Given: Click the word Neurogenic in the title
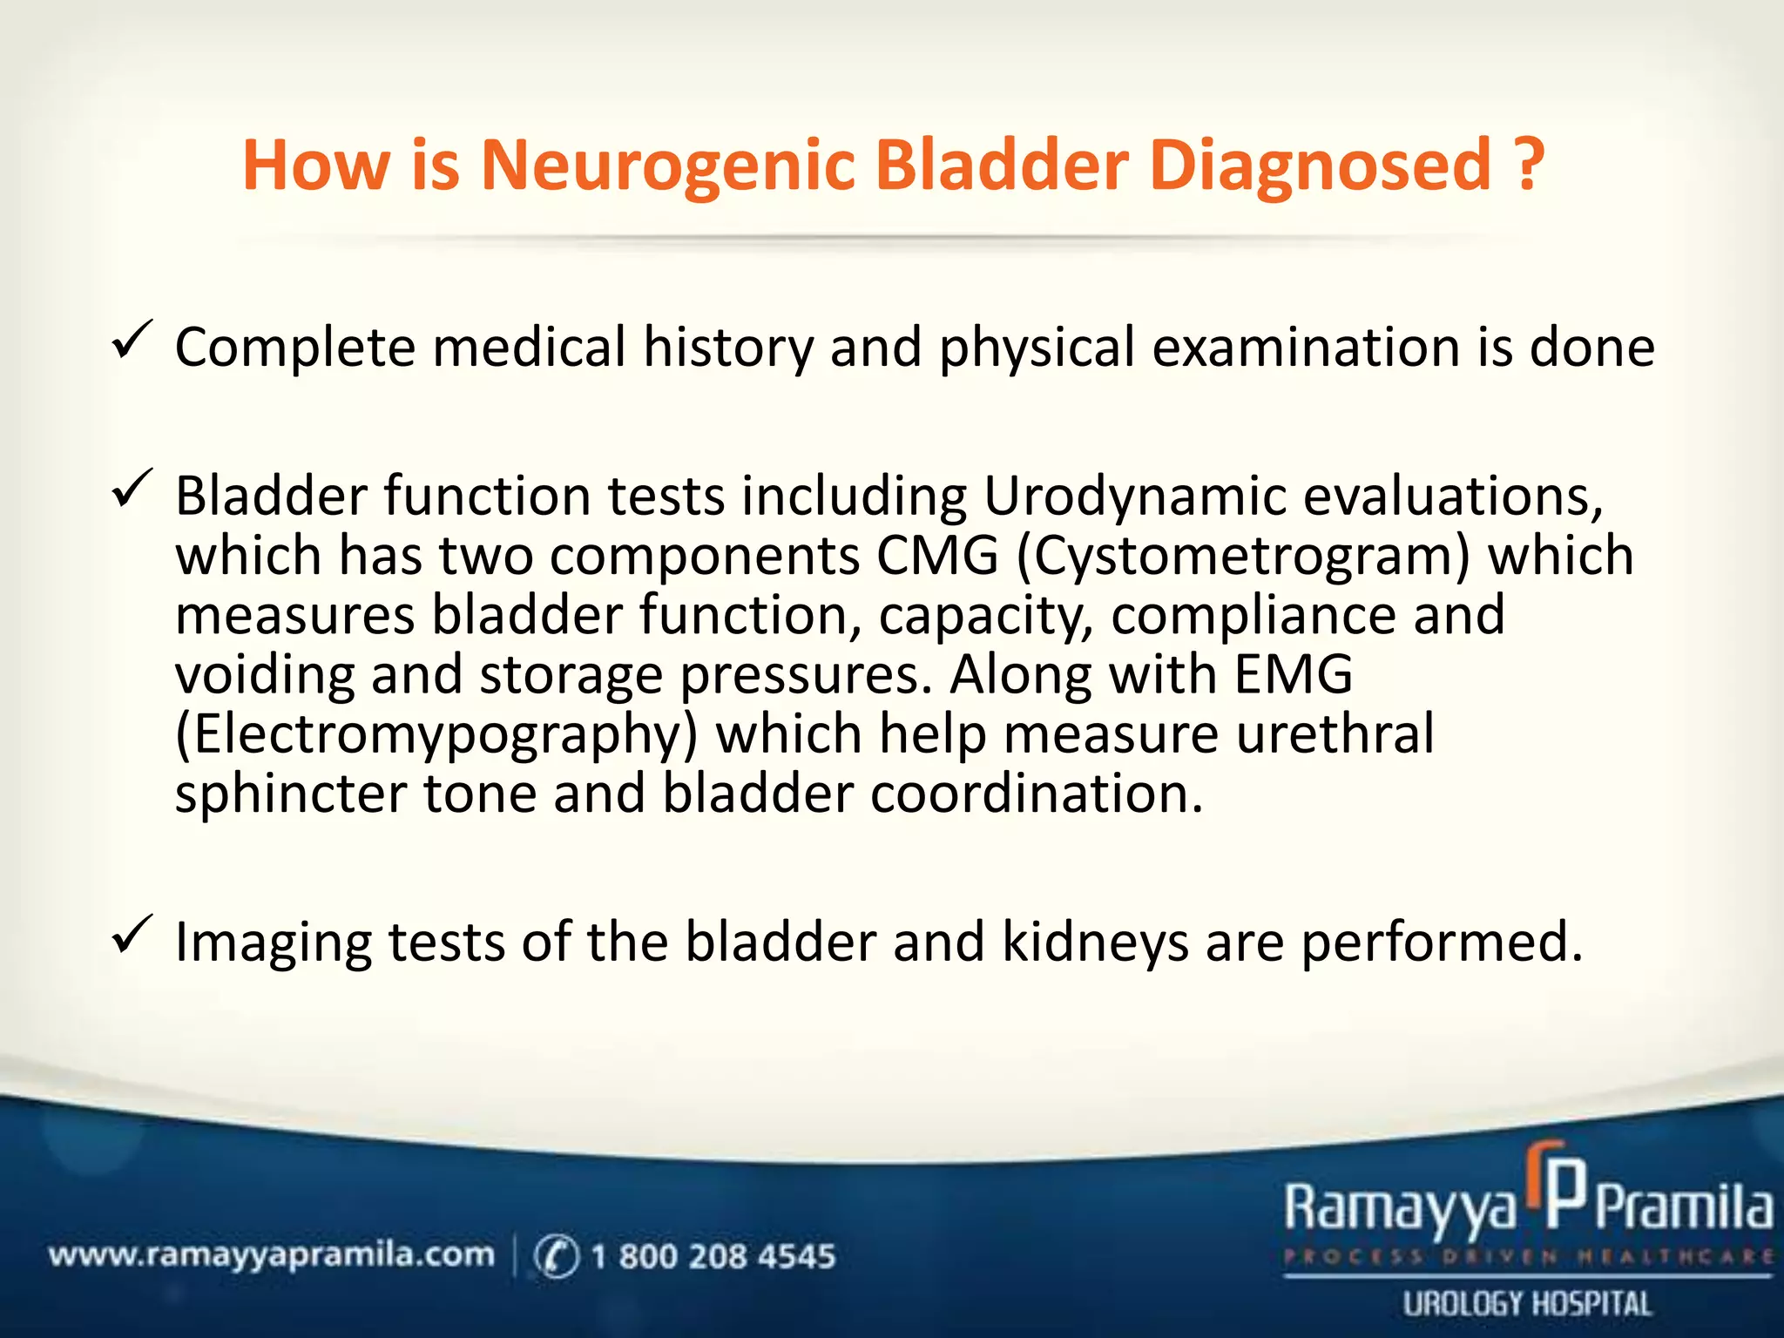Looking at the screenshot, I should (x=668, y=166).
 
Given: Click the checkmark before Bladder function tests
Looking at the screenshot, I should (x=132, y=490).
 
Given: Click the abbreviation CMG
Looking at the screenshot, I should (x=937, y=556).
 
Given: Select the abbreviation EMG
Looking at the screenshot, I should (x=1294, y=674).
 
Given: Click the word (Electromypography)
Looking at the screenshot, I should (x=436, y=734).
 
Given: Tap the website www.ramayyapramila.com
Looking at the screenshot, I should (x=271, y=1255).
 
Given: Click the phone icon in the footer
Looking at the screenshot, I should (x=556, y=1256).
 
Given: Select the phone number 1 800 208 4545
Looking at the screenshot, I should (x=713, y=1256).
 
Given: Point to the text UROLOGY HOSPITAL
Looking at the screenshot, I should (x=1526, y=1304).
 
